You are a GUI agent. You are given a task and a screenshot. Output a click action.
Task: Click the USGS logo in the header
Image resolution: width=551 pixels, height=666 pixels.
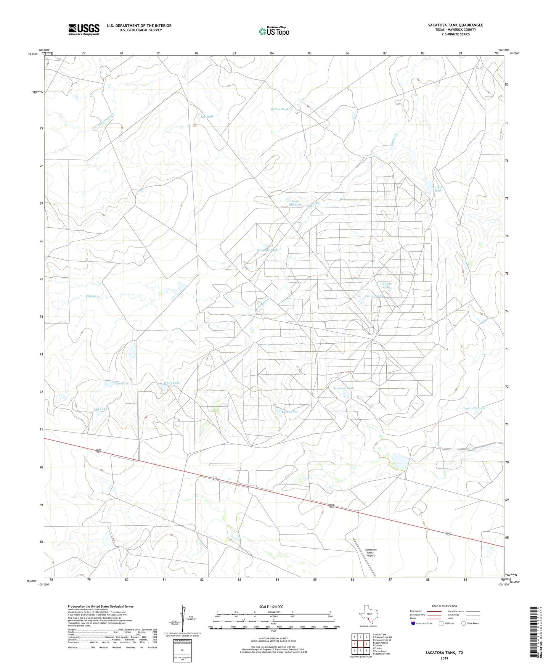(84, 29)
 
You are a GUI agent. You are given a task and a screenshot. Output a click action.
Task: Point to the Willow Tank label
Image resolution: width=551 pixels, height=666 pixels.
(280, 109)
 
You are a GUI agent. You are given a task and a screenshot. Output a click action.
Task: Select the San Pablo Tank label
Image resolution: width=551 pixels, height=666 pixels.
(438, 189)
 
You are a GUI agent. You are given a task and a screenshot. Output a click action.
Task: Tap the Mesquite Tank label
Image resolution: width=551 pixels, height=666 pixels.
(267, 250)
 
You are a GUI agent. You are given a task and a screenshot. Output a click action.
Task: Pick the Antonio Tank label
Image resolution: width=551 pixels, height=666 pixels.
(386, 285)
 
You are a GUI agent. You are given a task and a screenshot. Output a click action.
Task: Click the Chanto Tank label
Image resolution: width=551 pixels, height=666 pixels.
(374, 296)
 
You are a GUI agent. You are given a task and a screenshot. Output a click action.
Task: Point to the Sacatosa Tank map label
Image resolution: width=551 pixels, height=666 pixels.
(343, 388)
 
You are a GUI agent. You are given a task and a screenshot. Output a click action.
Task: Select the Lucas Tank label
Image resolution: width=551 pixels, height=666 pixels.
(290, 412)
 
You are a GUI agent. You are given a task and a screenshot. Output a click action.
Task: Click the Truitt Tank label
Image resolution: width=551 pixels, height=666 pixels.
(171, 383)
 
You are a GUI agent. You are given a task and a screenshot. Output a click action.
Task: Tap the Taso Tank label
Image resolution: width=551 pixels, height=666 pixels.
(122, 383)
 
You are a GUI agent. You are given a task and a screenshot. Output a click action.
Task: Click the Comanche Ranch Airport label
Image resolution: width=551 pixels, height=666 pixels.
(371, 552)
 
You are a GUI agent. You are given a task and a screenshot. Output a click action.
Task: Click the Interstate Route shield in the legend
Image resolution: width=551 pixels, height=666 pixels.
(414, 623)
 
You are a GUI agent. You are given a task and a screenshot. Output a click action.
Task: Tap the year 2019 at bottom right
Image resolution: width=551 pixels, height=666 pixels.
(444, 658)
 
